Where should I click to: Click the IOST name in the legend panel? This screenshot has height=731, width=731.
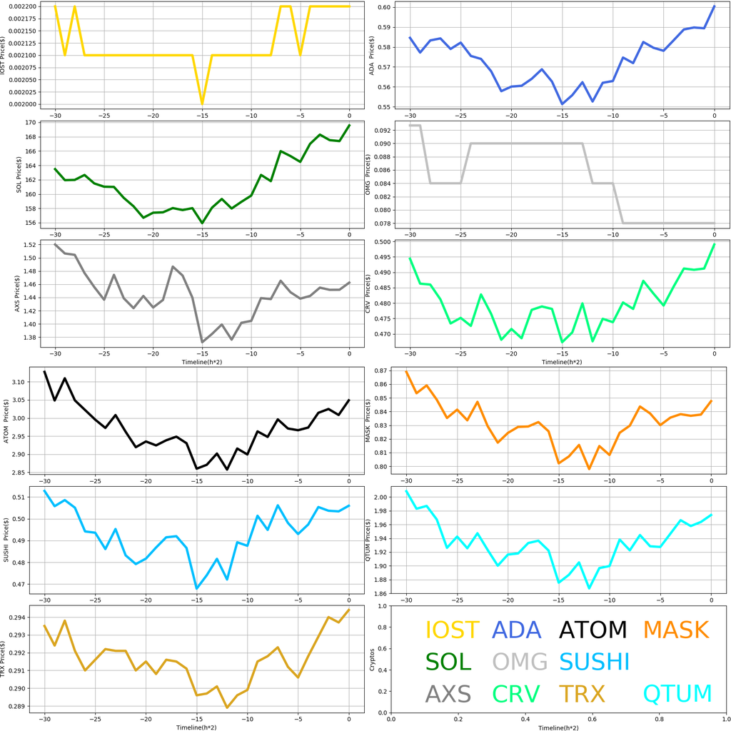[x=452, y=630]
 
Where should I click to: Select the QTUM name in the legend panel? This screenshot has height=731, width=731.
[x=677, y=693]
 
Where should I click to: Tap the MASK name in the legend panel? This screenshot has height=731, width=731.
[x=675, y=630]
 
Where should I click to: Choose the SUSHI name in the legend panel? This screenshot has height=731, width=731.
[x=594, y=662]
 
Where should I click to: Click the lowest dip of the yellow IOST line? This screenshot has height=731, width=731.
[x=202, y=104]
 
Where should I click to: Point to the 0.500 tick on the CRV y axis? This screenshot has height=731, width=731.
[x=385, y=243]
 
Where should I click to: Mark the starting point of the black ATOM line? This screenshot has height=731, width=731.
[x=44, y=371]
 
